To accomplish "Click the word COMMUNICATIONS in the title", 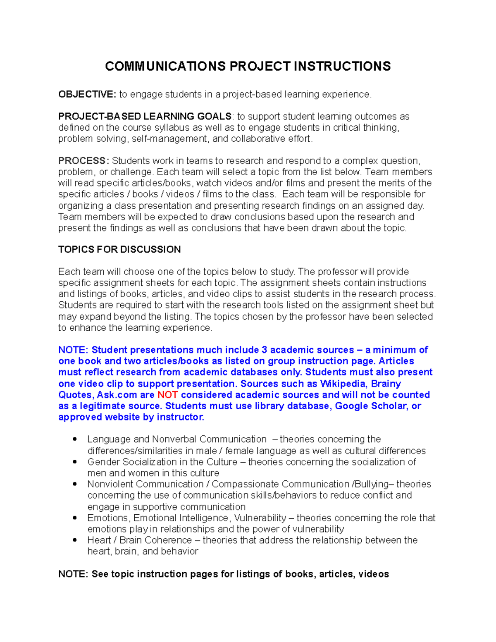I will click(165, 66).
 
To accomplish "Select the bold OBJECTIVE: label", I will click(87, 95).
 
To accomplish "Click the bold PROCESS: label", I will click(83, 161).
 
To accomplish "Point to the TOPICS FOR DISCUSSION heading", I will click(119, 250).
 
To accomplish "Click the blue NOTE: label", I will click(73, 350).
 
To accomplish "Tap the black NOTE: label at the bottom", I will click(73, 574).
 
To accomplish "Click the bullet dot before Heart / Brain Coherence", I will click(75, 540).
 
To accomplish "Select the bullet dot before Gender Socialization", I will click(75, 462).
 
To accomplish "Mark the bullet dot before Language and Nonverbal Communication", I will click(75, 439).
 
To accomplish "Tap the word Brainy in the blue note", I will click(386, 384).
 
